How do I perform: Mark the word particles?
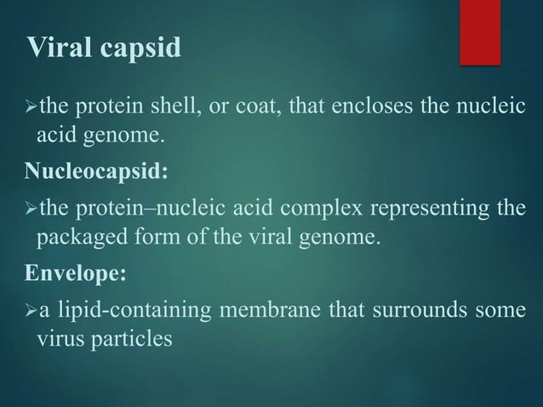(x=131, y=337)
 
